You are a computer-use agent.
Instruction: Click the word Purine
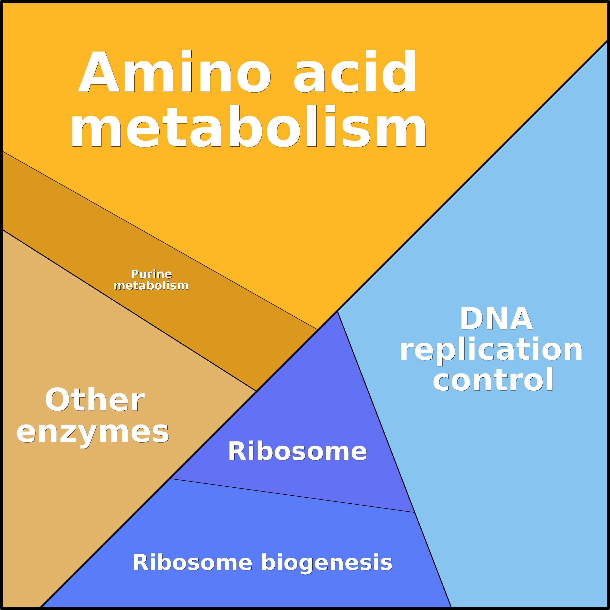point(151,274)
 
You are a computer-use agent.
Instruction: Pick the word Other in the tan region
point(95,400)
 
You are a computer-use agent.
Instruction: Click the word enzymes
point(93,432)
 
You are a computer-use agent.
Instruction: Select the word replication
point(491,350)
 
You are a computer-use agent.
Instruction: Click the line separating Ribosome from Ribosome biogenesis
point(292,495)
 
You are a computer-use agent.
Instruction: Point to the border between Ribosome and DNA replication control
point(376,411)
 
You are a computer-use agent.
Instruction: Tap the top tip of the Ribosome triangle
point(337,312)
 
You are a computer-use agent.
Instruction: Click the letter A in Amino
point(99,72)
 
